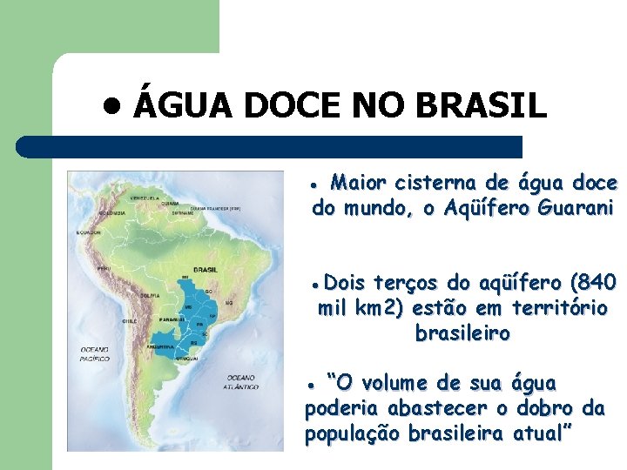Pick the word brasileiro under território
click(462, 333)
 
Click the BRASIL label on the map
click(206, 270)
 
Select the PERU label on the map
click(103, 268)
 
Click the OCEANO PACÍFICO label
click(95, 353)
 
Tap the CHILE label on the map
click(129, 320)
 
